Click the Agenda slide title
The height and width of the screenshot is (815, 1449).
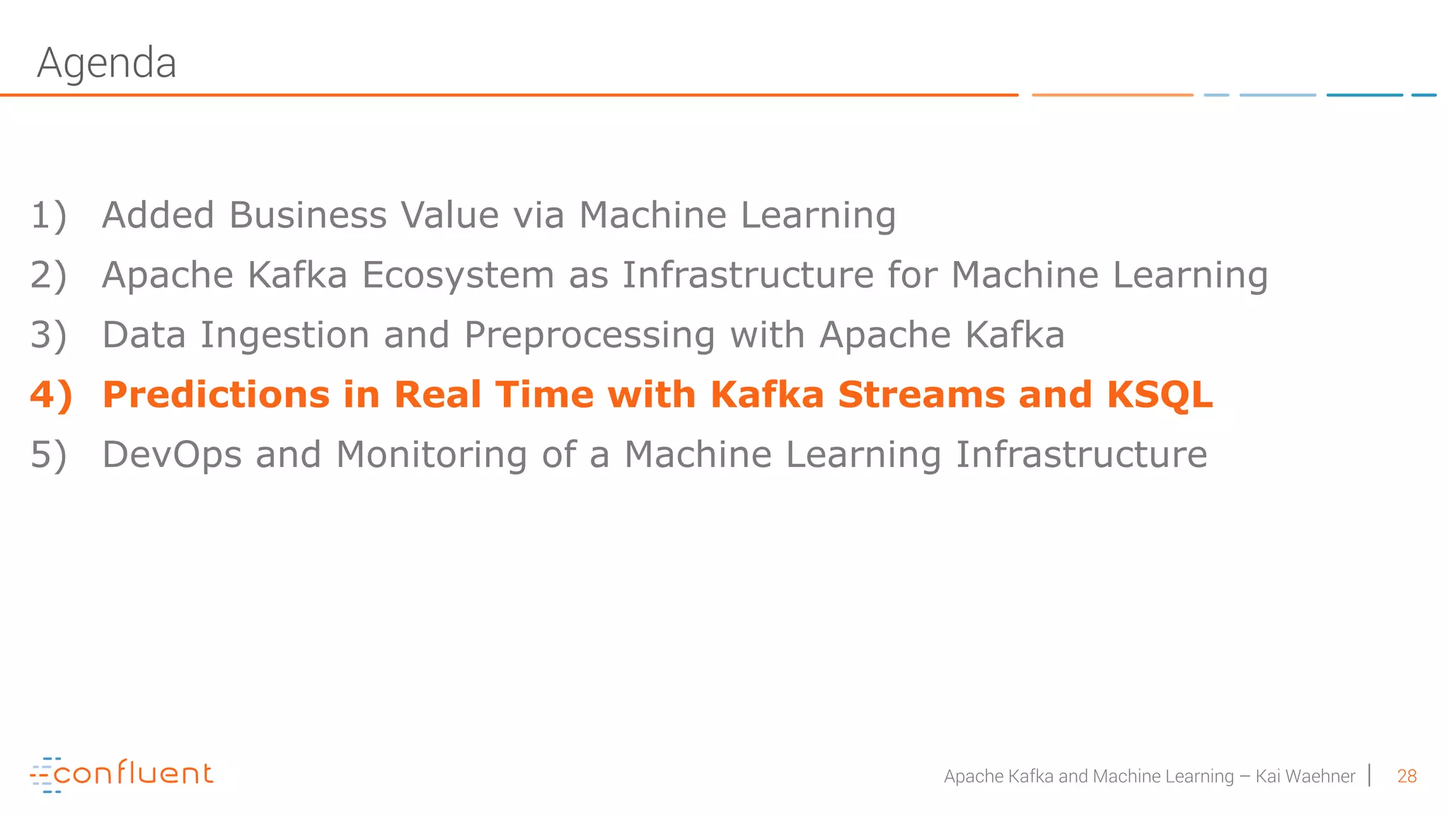tap(106, 64)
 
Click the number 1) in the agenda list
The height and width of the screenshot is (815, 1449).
tap(48, 215)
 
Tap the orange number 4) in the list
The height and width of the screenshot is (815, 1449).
tap(51, 395)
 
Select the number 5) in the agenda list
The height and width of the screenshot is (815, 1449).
tap(48, 455)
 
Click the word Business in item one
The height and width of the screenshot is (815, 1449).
tap(308, 215)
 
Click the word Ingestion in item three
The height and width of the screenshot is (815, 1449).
tap(284, 335)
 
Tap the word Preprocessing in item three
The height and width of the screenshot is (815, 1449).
tap(589, 335)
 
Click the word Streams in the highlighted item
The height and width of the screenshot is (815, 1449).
tap(921, 395)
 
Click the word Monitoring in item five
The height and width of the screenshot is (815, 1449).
tap(432, 455)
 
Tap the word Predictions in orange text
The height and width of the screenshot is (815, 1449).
tap(216, 395)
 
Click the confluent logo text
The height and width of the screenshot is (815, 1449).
tap(133, 773)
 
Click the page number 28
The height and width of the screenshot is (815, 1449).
tap(1407, 776)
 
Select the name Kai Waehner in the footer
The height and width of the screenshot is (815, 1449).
tap(1305, 776)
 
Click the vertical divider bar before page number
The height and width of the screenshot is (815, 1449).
tap(1370, 775)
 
